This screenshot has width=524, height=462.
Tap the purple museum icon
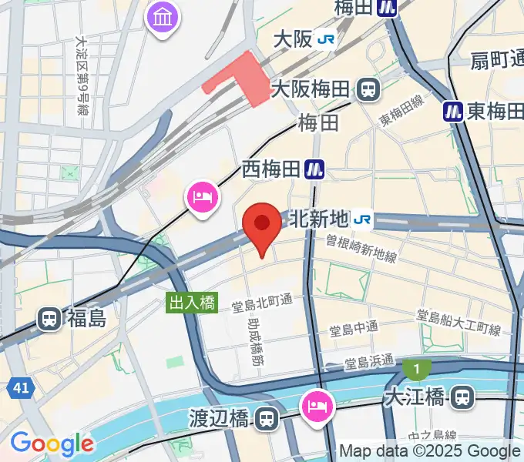click(x=163, y=18)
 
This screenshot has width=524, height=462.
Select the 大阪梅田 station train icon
click(x=369, y=89)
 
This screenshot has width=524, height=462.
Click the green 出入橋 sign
click(x=192, y=303)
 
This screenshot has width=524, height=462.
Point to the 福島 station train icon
click(x=50, y=318)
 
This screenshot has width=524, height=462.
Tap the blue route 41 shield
click(x=21, y=389)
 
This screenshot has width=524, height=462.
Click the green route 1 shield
click(x=417, y=370)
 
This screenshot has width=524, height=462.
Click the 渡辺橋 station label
click(x=219, y=419)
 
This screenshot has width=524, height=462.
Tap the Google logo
click(x=52, y=444)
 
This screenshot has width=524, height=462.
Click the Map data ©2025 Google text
click(x=429, y=451)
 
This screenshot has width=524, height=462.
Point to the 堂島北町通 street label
click(x=263, y=306)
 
